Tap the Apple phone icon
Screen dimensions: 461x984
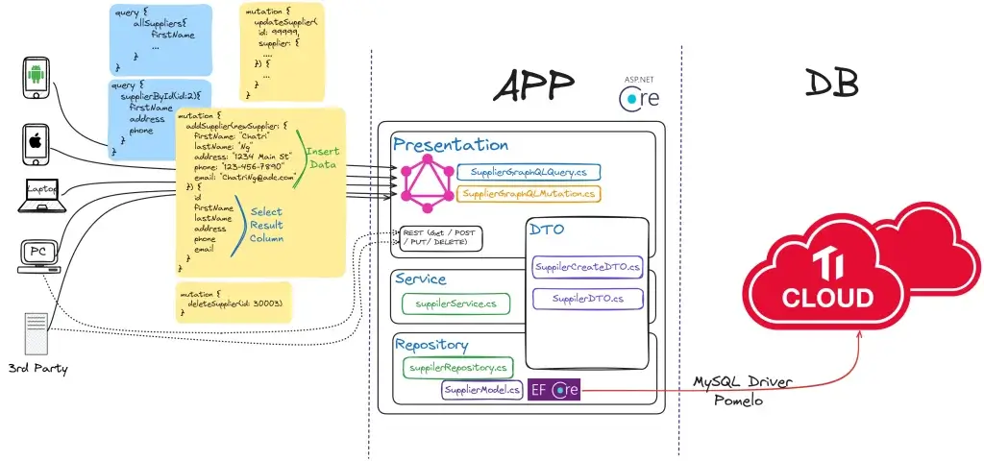(36, 143)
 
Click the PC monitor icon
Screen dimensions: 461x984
(38, 255)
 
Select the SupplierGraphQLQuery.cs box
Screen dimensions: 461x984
(528, 173)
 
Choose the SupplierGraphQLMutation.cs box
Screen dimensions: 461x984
(529, 194)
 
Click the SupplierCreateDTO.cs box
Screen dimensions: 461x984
(587, 266)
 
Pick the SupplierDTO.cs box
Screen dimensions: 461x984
(587, 299)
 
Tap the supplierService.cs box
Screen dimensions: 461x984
(455, 303)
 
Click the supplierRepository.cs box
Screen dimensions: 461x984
(458, 367)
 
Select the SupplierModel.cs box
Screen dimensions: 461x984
(482, 390)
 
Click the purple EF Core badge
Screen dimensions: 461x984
(553, 390)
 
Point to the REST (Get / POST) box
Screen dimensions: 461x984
(442, 237)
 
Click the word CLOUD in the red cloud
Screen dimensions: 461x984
(828, 297)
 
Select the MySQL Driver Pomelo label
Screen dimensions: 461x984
(743, 392)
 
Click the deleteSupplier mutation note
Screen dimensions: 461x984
(234, 302)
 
